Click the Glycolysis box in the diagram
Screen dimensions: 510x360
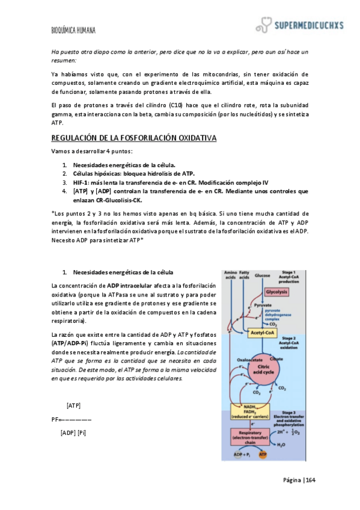[276, 292]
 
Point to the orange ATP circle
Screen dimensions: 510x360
[261, 456]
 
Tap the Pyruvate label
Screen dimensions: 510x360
[263, 306]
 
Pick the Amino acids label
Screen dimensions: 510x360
[230, 275]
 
